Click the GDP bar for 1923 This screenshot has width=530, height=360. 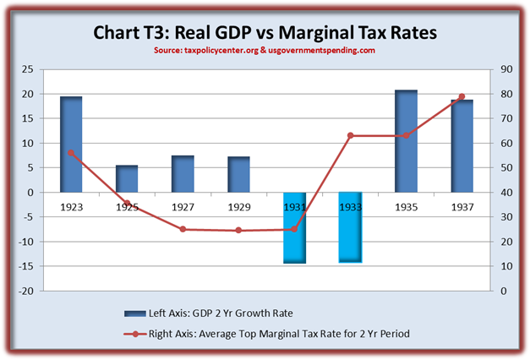tap(71, 145)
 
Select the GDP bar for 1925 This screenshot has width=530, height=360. tap(127, 178)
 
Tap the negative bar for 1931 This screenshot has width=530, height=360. tap(295, 227)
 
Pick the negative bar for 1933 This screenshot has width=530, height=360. tap(350, 227)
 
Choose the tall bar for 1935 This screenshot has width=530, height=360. tap(406, 141)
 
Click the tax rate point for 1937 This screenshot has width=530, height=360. tap(462, 96)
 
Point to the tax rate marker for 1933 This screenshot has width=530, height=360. tap(350, 135)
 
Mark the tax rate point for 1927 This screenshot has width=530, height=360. tap(183, 229)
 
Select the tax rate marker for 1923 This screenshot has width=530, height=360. tap(71, 153)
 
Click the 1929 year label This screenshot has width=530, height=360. tap(238, 205)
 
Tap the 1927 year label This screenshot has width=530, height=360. tap(183, 205)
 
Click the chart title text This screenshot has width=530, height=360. tap(265, 34)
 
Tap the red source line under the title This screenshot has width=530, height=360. tap(265, 51)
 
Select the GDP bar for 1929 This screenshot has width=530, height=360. tap(238, 174)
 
